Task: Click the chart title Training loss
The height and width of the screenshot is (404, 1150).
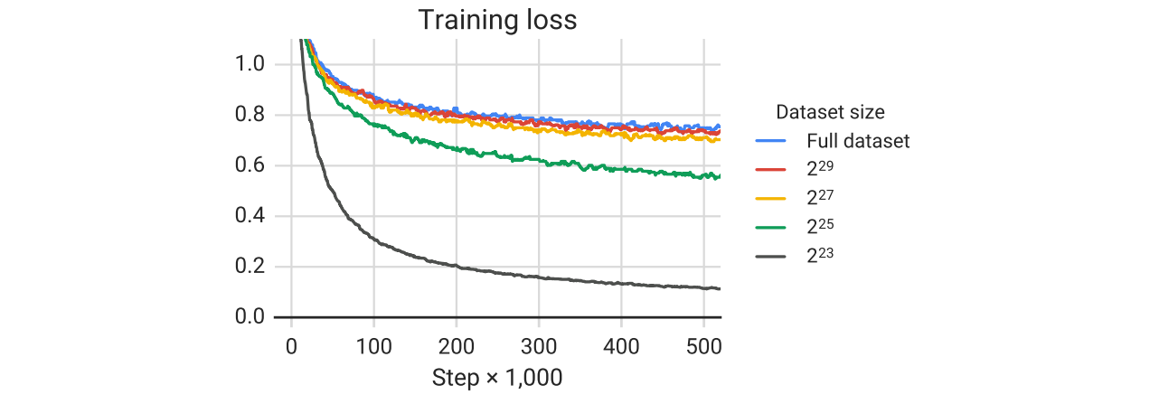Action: click(497, 20)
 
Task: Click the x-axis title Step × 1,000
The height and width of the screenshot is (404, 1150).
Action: click(497, 377)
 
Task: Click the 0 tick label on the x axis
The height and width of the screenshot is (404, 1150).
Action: click(291, 345)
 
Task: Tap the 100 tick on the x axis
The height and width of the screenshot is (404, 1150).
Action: click(373, 345)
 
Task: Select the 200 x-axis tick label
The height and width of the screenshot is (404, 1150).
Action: click(456, 345)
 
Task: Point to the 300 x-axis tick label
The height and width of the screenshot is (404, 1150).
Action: click(539, 345)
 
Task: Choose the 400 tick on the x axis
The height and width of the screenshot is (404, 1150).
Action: click(621, 345)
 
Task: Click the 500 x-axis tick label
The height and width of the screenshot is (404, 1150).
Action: click(703, 345)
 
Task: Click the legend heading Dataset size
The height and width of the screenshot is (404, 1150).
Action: click(830, 113)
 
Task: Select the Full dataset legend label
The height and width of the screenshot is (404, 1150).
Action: click(858, 141)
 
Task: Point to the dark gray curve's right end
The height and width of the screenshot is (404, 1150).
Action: click(720, 289)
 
